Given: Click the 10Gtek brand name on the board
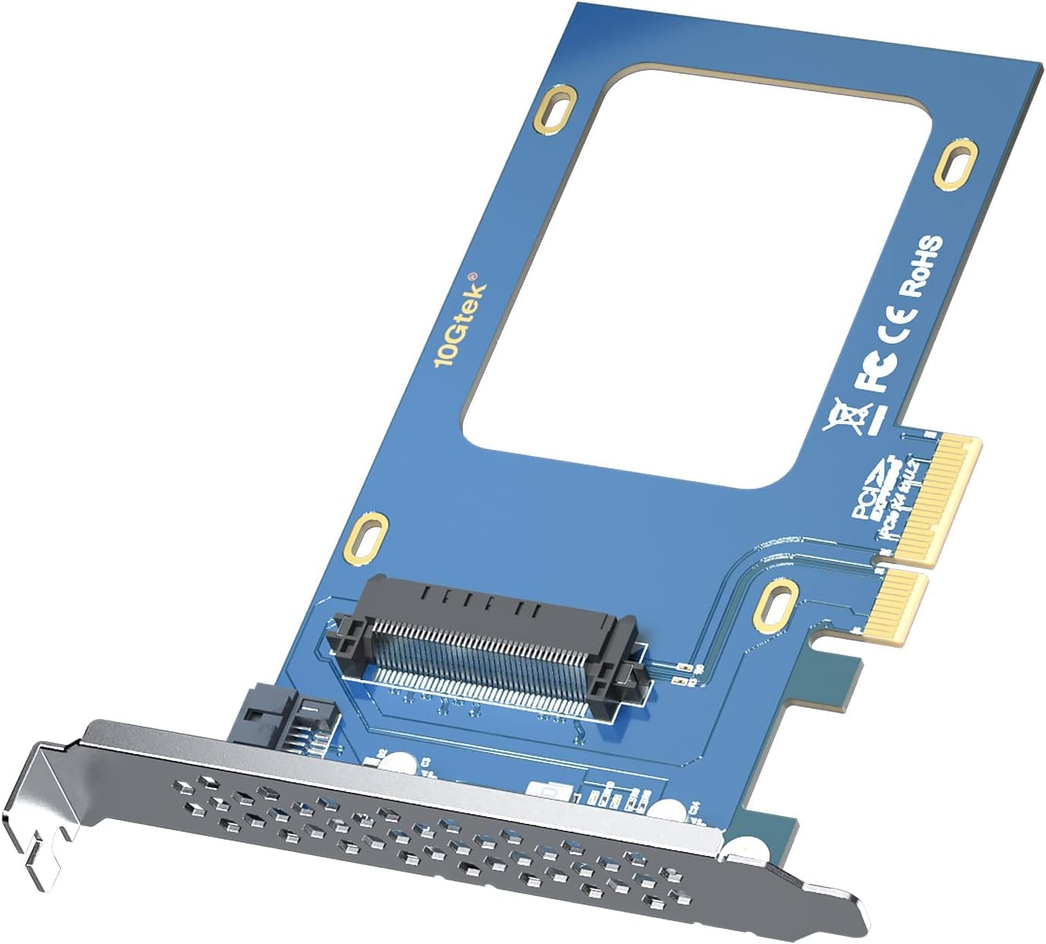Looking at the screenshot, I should pos(458,324).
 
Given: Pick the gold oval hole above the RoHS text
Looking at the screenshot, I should pos(956,161).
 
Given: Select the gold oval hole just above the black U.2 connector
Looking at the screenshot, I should pos(369,538).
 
